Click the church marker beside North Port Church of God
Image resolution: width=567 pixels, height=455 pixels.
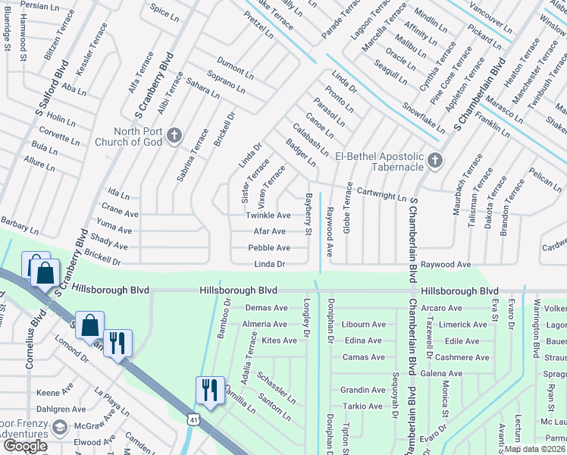[x=174, y=135]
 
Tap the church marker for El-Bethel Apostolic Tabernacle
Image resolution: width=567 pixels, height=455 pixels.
[x=434, y=159]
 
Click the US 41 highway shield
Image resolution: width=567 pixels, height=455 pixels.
[x=195, y=418]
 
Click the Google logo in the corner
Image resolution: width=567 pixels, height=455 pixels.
[x=25, y=446]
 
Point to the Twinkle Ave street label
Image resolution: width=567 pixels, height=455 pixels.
[x=268, y=216]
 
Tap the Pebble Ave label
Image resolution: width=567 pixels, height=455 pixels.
[x=269, y=248]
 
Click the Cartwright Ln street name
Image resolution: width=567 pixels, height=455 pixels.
[x=381, y=195]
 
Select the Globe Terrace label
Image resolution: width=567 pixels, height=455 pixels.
[x=348, y=207]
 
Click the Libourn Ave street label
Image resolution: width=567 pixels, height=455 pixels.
[x=365, y=325]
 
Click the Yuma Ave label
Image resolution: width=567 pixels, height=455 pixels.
[x=114, y=230]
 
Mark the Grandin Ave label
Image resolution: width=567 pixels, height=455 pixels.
[x=362, y=390]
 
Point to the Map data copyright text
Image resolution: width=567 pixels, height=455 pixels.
[x=534, y=449]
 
